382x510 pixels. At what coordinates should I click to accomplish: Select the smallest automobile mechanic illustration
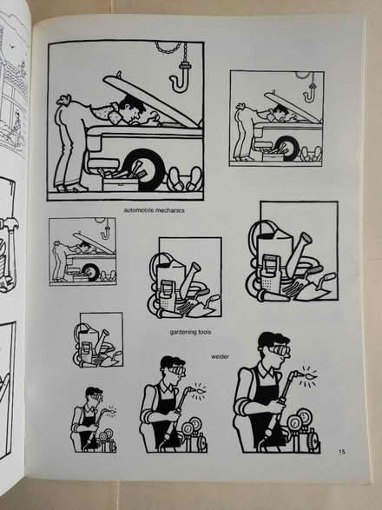tap(82, 251)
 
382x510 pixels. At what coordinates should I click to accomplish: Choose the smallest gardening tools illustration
tap(98, 341)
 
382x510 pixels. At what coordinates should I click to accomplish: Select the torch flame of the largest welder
tap(306, 378)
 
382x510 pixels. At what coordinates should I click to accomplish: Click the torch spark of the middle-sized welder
tap(201, 387)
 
